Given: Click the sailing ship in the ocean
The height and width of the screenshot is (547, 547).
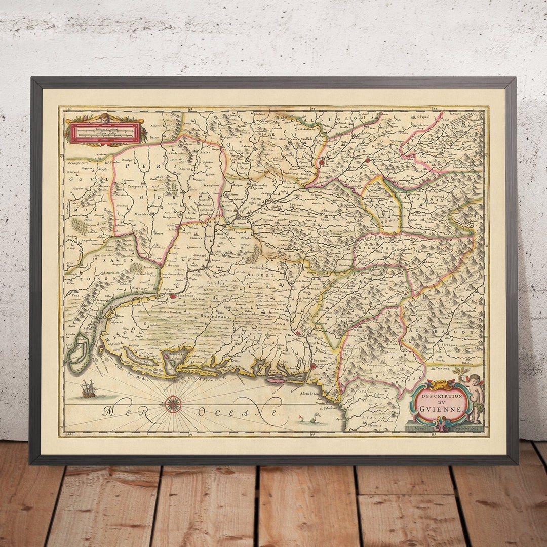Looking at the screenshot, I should (x=88, y=389).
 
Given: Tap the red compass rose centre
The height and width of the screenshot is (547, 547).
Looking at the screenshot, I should (x=173, y=403).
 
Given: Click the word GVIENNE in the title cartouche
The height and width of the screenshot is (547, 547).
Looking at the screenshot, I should (x=440, y=409).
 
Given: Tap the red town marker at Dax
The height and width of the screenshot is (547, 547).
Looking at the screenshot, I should (x=298, y=334).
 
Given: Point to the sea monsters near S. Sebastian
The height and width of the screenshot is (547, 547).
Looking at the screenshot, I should (x=310, y=418).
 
